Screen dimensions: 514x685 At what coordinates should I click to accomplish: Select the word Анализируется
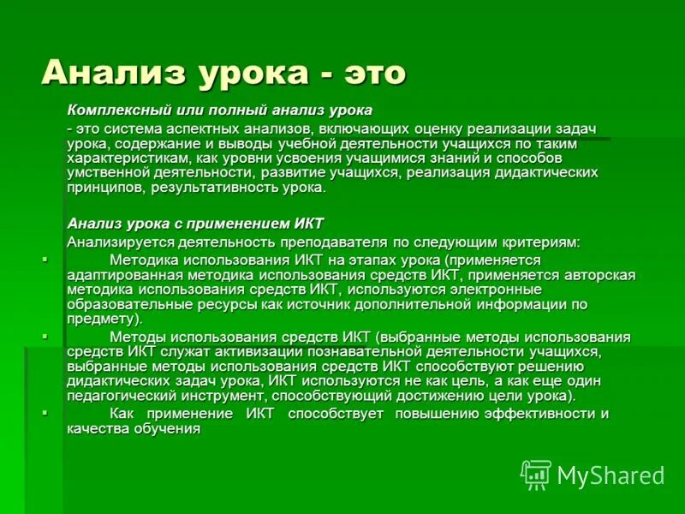coord(116,242)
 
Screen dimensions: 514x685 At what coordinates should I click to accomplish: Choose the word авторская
coord(599,274)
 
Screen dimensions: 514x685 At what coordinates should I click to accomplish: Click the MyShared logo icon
coord(536,474)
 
